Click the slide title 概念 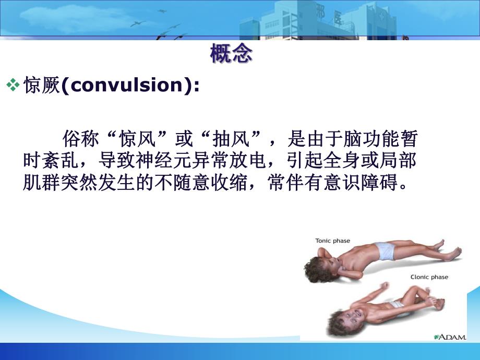231,54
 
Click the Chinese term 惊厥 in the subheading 42,86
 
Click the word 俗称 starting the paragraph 79,140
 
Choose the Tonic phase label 332,241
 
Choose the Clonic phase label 428,277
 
